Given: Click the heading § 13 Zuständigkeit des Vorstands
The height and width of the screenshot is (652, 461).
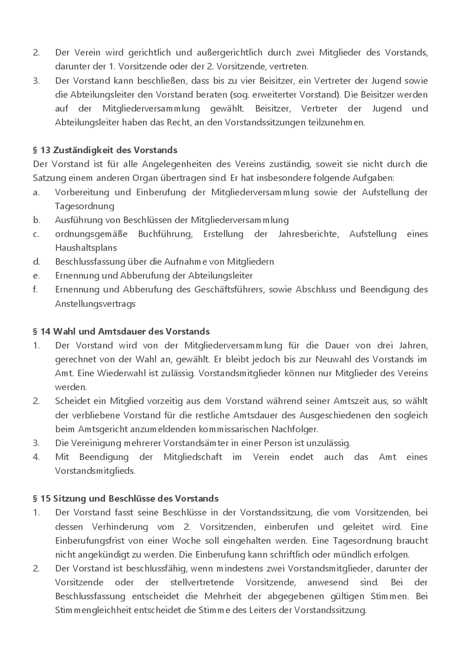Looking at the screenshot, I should (105, 150).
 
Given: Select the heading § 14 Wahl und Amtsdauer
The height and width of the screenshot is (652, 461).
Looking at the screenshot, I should (121, 331).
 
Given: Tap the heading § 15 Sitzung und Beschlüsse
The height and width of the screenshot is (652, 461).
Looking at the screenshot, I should (125, 498).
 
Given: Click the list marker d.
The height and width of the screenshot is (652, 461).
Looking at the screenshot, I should (36, 261).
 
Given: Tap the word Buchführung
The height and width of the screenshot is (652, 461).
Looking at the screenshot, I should (165, 234).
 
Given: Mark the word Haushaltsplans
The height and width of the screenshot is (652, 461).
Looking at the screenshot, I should (86, 247).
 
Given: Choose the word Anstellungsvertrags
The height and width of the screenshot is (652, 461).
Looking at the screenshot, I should (95, 303).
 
